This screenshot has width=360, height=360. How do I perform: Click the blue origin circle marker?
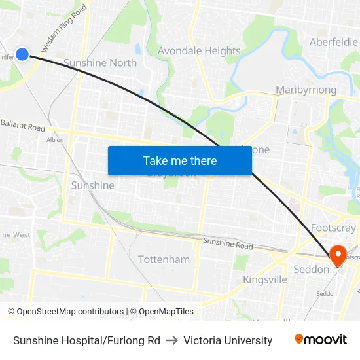click(x=22, y=54)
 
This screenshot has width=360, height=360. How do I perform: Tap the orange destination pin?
click(x=338, y=255)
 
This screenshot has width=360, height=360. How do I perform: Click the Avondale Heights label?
click(x=199, y=51)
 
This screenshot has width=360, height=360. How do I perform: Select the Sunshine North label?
click(x=100, y=63)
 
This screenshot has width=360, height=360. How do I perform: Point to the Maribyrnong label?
click(x=306, y=90)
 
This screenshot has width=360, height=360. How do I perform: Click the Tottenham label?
click(x=164, y=259)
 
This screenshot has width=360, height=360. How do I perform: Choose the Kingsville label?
click(x=265, y=279)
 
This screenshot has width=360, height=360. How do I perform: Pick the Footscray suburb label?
click(x=333, y=228)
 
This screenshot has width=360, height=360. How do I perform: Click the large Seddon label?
click(x=311, y=269)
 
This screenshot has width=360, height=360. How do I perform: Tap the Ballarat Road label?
click(x=23, y=124)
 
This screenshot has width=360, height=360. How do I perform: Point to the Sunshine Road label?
click(x=227, y=244)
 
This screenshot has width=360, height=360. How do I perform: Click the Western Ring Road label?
click(x=63, y=29)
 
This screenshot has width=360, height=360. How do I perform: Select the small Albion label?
click(x=55, y=139)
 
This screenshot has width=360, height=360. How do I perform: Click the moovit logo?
click(x=321, y=340)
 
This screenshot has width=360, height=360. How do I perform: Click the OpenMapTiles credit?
click(x=161, y=312)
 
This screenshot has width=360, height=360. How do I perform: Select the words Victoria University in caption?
click(x=228, y=340)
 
